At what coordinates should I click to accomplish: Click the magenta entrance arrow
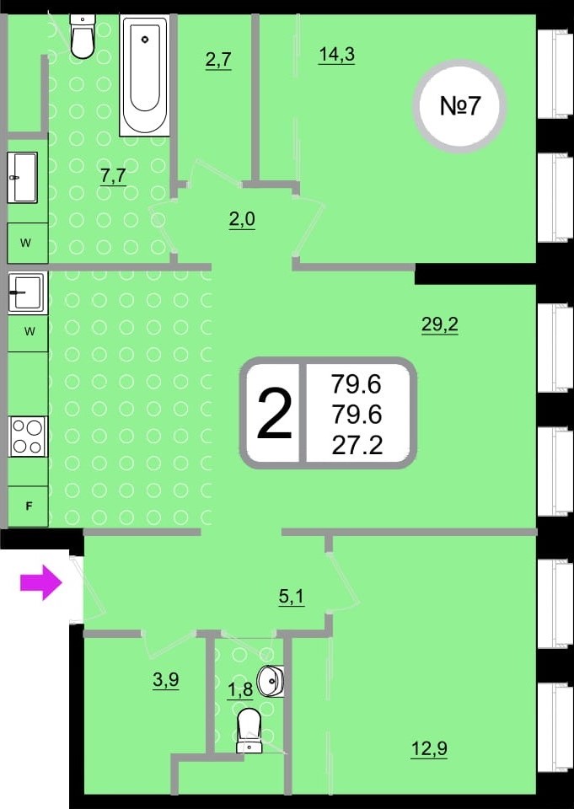click(41, 582)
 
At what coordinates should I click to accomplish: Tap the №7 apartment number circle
click(459, 106)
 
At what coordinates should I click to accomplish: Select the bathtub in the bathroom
click(144, 75)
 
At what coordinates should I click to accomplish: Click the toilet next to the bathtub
click(82, 36)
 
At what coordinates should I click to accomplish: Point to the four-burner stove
click(28, 436)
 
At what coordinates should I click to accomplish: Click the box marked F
click(29, 506)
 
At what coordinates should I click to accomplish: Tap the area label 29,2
click(440, 326)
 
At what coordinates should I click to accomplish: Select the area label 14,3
click(336, 55)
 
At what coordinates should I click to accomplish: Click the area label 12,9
click(429, 748)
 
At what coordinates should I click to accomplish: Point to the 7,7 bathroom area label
click(114, 176)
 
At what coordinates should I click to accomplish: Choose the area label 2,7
click(217, 61)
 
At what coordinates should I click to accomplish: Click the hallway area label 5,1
click(291, 597)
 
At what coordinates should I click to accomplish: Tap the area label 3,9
click(165, 681)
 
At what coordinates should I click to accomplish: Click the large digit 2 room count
click(274, 413)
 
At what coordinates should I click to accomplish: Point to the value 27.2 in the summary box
click(357, 444)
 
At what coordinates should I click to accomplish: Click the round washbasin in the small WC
click(271, 681)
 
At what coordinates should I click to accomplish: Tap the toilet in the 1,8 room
click(249, 731)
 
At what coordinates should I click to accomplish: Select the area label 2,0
click(242, 220)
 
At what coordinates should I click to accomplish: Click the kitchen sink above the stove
click(28, 292)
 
